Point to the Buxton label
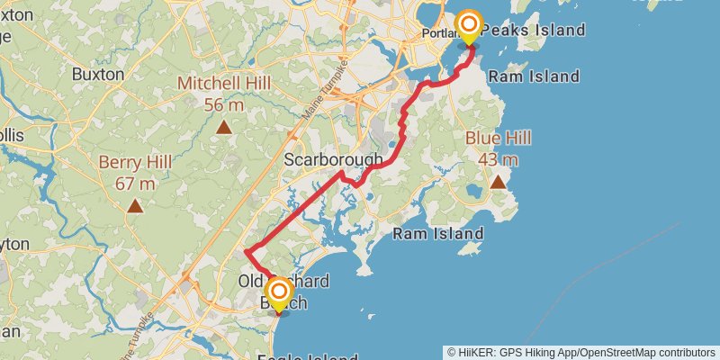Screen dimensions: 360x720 (97, 74)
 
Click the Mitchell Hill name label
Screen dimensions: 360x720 (225, 84)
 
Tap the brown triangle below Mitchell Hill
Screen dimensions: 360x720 (225, 127)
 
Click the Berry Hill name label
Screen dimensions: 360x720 (135, 162)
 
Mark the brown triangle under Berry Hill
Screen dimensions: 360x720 (135, 206)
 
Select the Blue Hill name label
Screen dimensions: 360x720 (498, 138)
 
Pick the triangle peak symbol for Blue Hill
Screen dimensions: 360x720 (498, 182)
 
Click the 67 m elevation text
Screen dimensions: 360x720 (135, 184)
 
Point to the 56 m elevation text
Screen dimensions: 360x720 (225, 105)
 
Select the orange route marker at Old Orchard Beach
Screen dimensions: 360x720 (279, 292)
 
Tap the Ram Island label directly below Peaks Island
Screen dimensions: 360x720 (534, 76)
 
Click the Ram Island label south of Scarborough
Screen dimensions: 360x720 (438, 234)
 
